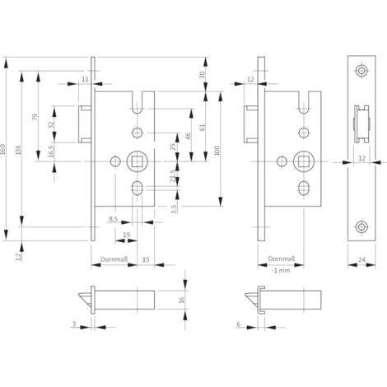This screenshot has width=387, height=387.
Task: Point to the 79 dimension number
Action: click(35, 118)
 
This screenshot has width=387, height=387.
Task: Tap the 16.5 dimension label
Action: click(53, 153)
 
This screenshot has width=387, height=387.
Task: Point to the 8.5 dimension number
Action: click(114, 217)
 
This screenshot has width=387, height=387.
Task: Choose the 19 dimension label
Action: click(126, 234)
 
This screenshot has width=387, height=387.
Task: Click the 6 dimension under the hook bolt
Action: click(237, 324)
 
